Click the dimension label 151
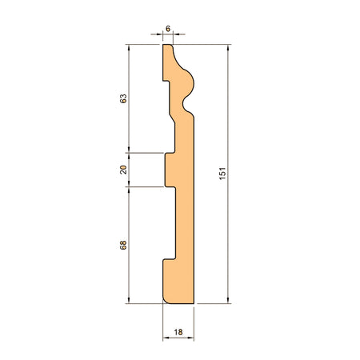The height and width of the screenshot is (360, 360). (x=222, y=174)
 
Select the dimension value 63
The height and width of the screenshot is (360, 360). (x=123, y=98)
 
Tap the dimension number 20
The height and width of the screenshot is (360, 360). (x=123, y=170)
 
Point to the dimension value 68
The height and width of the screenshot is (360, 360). (x=123, y=245)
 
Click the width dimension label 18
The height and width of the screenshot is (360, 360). (x=178, y=332)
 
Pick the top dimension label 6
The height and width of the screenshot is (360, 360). (x=168, y=29)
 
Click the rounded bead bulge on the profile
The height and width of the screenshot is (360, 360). (x=188, y=83)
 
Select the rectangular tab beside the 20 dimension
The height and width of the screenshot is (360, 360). (x=170, y=170)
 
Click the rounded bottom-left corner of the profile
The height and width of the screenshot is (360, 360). (x=166, y=301)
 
